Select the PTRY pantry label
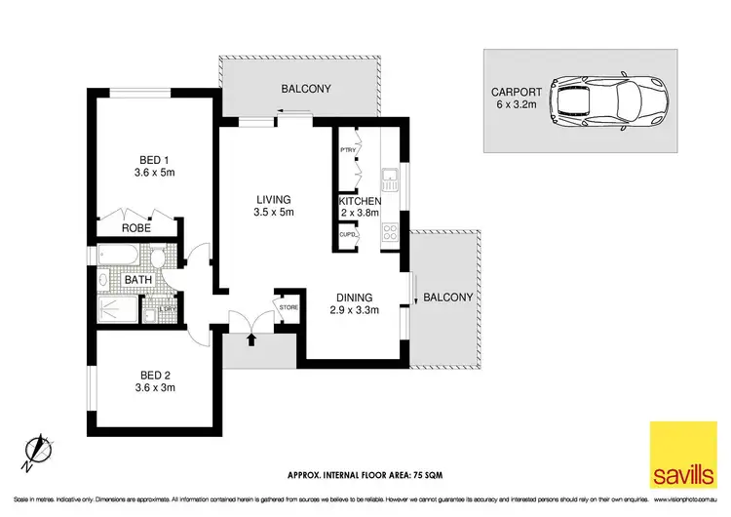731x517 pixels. [x=346, y=150]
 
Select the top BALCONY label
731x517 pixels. [x=306, y=89]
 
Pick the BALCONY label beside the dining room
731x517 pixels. [x=448, y=298]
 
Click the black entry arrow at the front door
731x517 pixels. [x=251, y=339]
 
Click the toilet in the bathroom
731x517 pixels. [x=158, y=258]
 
